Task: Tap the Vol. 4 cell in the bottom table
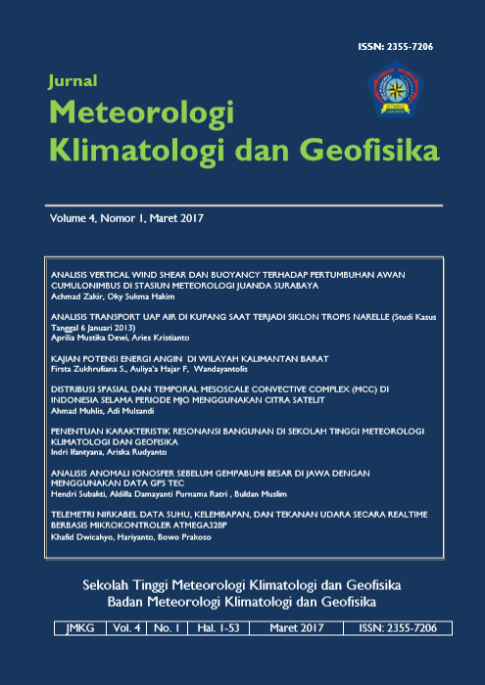(128, 627)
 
